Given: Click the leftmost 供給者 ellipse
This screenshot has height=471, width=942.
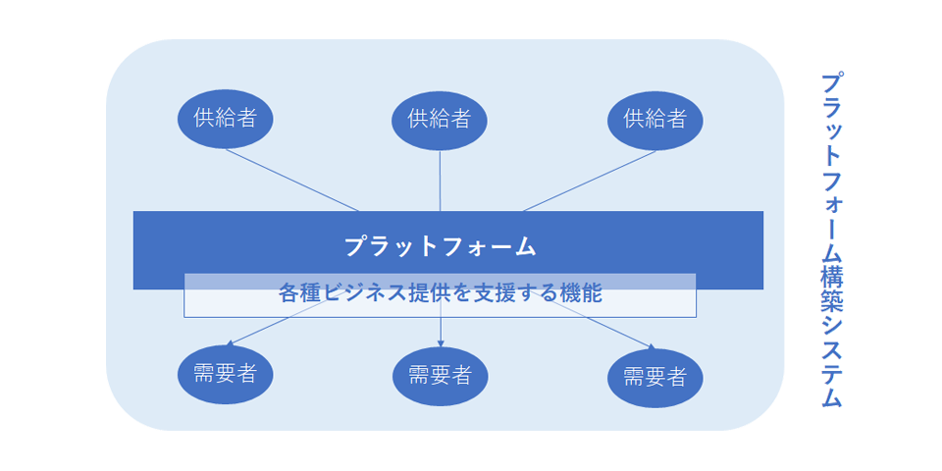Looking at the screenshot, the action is click(226, 119).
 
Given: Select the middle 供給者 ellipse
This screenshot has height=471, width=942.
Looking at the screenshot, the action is click(440, 120).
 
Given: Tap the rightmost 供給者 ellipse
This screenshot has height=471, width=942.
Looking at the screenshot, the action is click(655, 120).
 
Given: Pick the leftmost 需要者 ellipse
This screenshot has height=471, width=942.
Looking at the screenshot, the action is click(226, 374).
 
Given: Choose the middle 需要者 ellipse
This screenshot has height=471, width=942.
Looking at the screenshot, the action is click(441, 377).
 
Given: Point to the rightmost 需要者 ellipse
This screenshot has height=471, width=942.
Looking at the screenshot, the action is click(655, 379).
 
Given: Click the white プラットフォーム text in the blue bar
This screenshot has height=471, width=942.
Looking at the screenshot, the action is click(441, 246).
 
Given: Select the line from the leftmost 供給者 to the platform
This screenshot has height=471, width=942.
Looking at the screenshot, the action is click(292, 181).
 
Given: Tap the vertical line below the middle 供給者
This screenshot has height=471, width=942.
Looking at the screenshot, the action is click(441, 181).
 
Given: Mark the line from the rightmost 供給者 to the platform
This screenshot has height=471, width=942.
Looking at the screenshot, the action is click(590, 181).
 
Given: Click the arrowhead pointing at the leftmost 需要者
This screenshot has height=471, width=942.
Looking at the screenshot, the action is click(229, 343).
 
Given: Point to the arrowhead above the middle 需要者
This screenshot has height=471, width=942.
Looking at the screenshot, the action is click(441, 343).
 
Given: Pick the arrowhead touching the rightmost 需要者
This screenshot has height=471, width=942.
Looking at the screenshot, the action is click(651, 345).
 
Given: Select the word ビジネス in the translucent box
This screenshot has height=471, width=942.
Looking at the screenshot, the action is click(365, 293).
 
